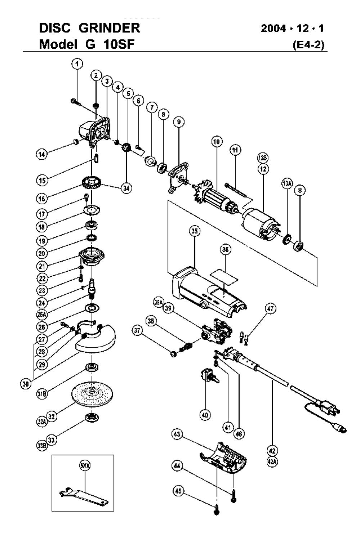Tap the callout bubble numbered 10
pos(217,142)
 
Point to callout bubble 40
pos(205,415)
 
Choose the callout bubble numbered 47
pos(270,309)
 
